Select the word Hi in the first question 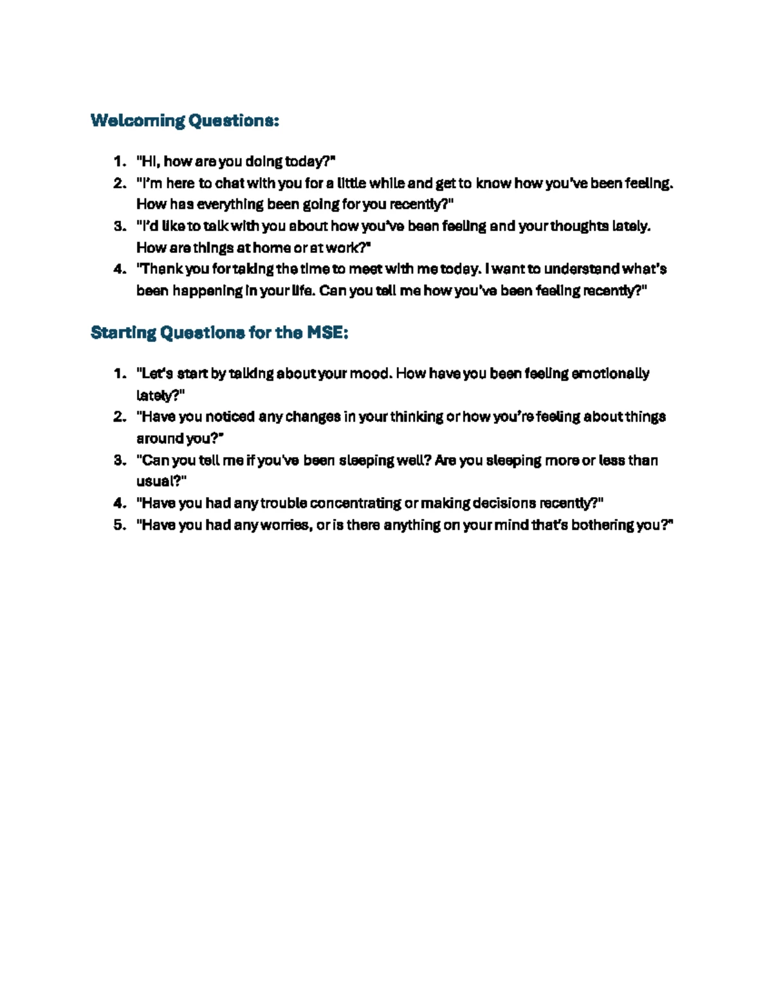point(147,161)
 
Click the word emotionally point(611,373)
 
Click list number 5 point(120,525)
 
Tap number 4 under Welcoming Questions point(120,269)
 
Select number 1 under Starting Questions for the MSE point(120,373)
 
